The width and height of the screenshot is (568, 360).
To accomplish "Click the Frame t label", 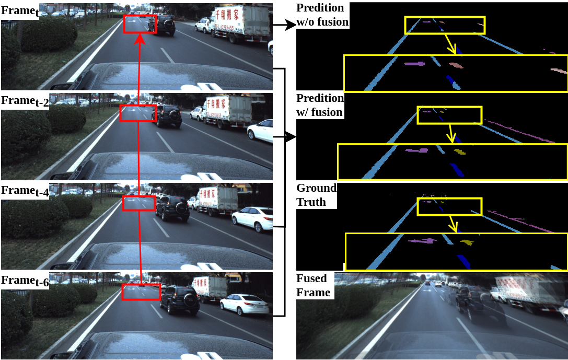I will tap(19, 11).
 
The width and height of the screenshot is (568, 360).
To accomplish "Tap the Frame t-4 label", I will tap(25, 191).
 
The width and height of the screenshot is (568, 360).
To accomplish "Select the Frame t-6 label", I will tap(25, 281).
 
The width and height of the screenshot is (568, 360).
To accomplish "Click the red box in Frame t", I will tap(140, 24).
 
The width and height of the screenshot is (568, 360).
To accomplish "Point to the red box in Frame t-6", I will tap(141, 292).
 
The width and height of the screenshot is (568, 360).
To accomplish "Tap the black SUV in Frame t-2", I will tap(169, 115).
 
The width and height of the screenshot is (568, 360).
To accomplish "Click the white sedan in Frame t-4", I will tap(252, 218).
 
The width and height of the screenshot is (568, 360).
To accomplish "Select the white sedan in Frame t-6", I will tap(244, 305).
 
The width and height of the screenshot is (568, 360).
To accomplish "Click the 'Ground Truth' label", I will tap(317, 195).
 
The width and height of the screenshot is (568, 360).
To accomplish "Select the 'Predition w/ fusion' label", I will tap(320, 105).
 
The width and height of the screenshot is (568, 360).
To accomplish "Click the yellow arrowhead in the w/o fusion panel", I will tap(456, 51).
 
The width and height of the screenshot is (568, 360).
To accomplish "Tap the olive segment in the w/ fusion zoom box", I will tap(460, 152).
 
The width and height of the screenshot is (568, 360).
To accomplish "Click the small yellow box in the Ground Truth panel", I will tap(449, 206).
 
